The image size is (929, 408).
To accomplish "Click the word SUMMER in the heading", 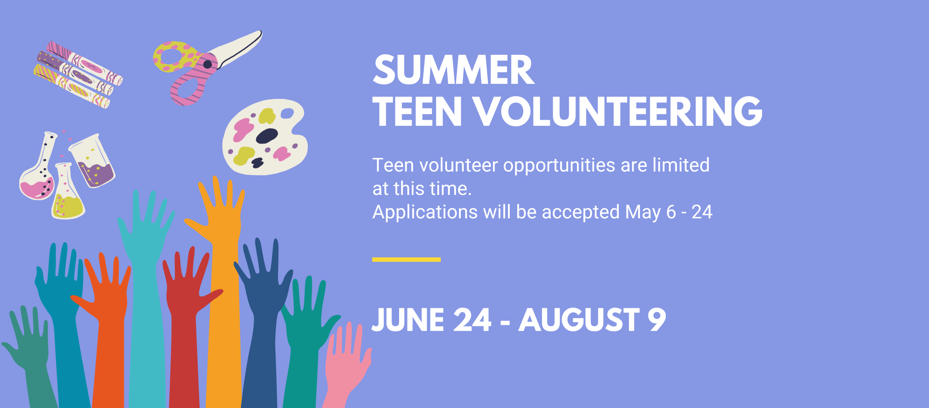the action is [x=454, y=70].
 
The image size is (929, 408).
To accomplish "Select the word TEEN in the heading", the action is [x=417, y=111].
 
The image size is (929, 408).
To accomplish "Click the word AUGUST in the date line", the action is [x=579, y=320].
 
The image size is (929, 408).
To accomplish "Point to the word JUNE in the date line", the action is [x=408, y=320].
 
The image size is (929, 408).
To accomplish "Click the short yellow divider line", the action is [x=406, y=260].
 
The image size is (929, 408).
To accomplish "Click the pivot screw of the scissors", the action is [x=207, y=64].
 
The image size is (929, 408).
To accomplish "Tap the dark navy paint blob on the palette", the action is [x=267, y=136].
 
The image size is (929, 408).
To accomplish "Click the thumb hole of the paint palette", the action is [x=287, y=113].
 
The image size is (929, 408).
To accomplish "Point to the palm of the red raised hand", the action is [x=185, y=295].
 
